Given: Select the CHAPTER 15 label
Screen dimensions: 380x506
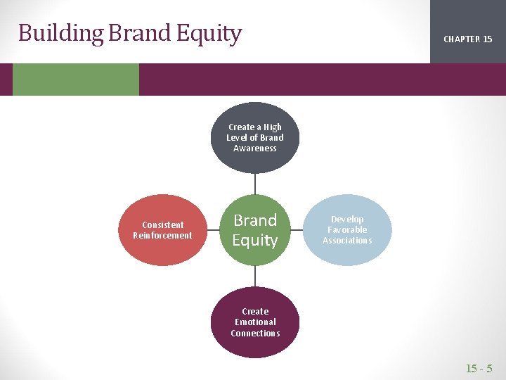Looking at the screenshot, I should point(467,39).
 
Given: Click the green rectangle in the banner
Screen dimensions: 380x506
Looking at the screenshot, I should point(76,80).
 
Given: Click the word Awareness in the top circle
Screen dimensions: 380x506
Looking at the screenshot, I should point(255,148).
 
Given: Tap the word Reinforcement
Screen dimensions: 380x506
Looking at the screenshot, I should point(162,236).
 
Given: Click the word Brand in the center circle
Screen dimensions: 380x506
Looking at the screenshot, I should point(255,220).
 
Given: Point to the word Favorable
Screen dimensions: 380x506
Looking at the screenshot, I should point(347,230).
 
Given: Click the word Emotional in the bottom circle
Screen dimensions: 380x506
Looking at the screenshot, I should point(255,322).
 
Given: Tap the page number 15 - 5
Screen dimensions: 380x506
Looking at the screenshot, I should point(479,368).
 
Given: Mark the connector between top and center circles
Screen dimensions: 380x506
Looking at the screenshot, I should point(255,184).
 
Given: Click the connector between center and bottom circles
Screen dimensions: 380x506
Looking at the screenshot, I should point(255,276).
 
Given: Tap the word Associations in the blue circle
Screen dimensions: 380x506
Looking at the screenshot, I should point(347,241).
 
